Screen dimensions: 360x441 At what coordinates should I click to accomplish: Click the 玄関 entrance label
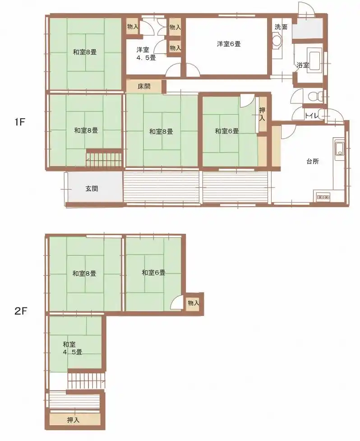tap(92, 188)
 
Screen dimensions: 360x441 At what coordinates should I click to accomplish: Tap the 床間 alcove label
tap(144, 86)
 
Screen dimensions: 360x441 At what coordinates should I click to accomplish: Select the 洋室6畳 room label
tap(228, 44)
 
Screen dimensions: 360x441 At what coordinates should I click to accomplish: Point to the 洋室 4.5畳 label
tap(146, 54)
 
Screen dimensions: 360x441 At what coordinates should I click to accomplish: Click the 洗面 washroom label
tap(281, 27)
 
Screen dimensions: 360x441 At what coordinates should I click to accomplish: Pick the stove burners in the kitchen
tap(323, 197)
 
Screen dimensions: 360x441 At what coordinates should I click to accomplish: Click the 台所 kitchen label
tap(313, 162)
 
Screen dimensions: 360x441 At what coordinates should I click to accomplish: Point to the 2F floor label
tap(20, 311)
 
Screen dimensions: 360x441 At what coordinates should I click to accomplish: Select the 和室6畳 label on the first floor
tap(227, 131)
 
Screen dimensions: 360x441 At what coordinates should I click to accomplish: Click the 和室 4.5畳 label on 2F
tap(72, 348)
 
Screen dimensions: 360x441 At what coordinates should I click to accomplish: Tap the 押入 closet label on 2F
tap(74, 420)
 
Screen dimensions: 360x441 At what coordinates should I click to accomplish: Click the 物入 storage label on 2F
tap(194, 303)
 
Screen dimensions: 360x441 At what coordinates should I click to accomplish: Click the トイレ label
tap(312, 116)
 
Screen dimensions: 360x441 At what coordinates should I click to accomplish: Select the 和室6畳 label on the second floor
tap(153, 273)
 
